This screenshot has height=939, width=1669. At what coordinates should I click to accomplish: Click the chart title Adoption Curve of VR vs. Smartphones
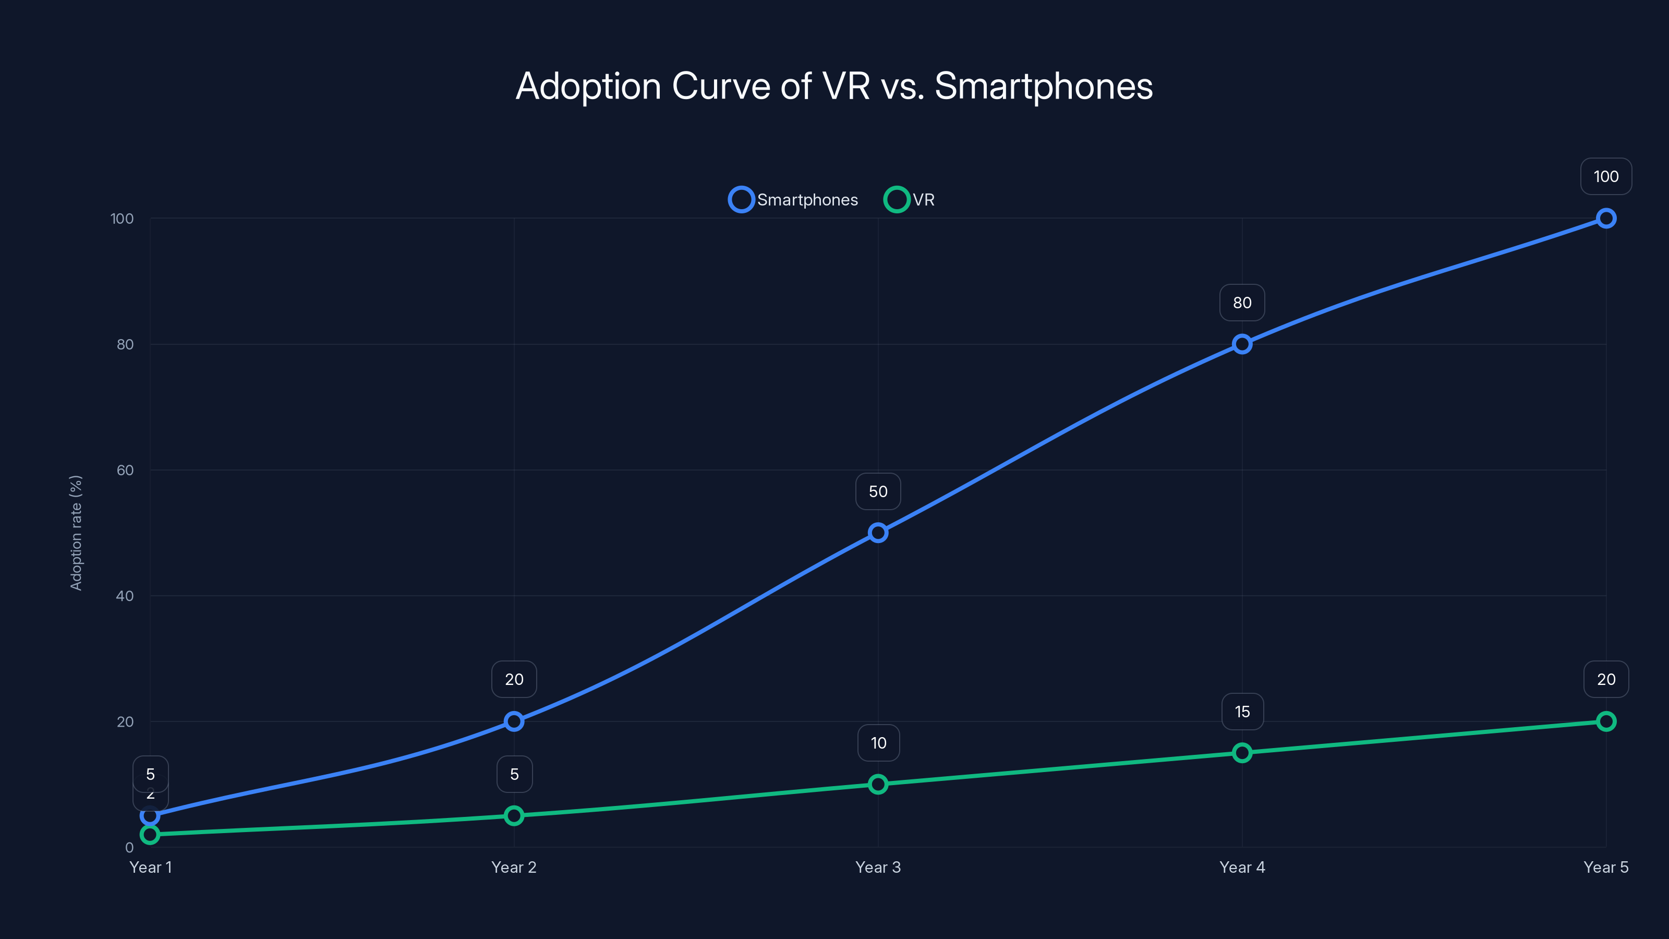pos(834,86)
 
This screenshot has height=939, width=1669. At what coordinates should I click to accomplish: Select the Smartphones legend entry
pos(794,200)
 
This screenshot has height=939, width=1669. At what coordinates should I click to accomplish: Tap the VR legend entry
pos(910,200)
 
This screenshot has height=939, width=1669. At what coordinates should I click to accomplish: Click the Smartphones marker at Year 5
pos(1605,219)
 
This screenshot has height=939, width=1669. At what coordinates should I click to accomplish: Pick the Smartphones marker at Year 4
pos(1241,344)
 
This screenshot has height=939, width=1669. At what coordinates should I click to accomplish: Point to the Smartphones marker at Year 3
pos(878,533)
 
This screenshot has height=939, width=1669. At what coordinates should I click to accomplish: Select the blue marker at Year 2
pos(514,721)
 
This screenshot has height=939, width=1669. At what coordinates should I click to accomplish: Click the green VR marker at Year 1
pos(150,835)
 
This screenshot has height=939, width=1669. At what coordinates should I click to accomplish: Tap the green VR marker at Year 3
pos(878,784)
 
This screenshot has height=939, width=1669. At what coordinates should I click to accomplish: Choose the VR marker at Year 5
pos(1605,721)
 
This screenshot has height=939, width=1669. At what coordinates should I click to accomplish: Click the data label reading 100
pos(1605,176)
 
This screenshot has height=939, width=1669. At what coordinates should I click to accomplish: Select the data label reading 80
pos(1241,303)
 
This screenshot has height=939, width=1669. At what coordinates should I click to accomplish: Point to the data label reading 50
pos(878,491)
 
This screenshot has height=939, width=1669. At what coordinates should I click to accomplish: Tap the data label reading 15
pos(1241,712)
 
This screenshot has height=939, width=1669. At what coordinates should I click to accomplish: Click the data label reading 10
pos(878,743)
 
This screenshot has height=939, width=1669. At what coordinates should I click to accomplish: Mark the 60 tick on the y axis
pos(125,470)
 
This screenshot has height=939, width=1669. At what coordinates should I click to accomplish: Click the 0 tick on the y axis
pos(129,848)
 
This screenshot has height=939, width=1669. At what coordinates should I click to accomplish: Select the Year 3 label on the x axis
pos(878,867)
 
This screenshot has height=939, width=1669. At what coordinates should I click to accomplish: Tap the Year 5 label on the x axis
pos(1605,867)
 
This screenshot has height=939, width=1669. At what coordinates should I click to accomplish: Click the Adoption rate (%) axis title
pos(76,533)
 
